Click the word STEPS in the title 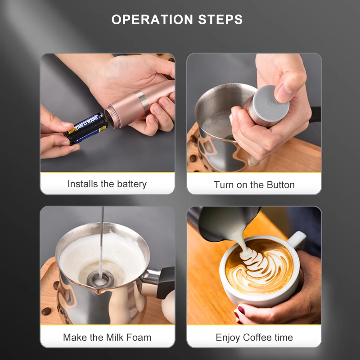coord(220,20)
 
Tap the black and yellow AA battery coord(86,128)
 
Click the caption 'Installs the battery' coord(107,184)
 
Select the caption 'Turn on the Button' coord(254,184)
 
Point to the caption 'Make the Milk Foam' coord(107,337)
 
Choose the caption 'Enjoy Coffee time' coord(254,337)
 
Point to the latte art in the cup coord(258,265)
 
